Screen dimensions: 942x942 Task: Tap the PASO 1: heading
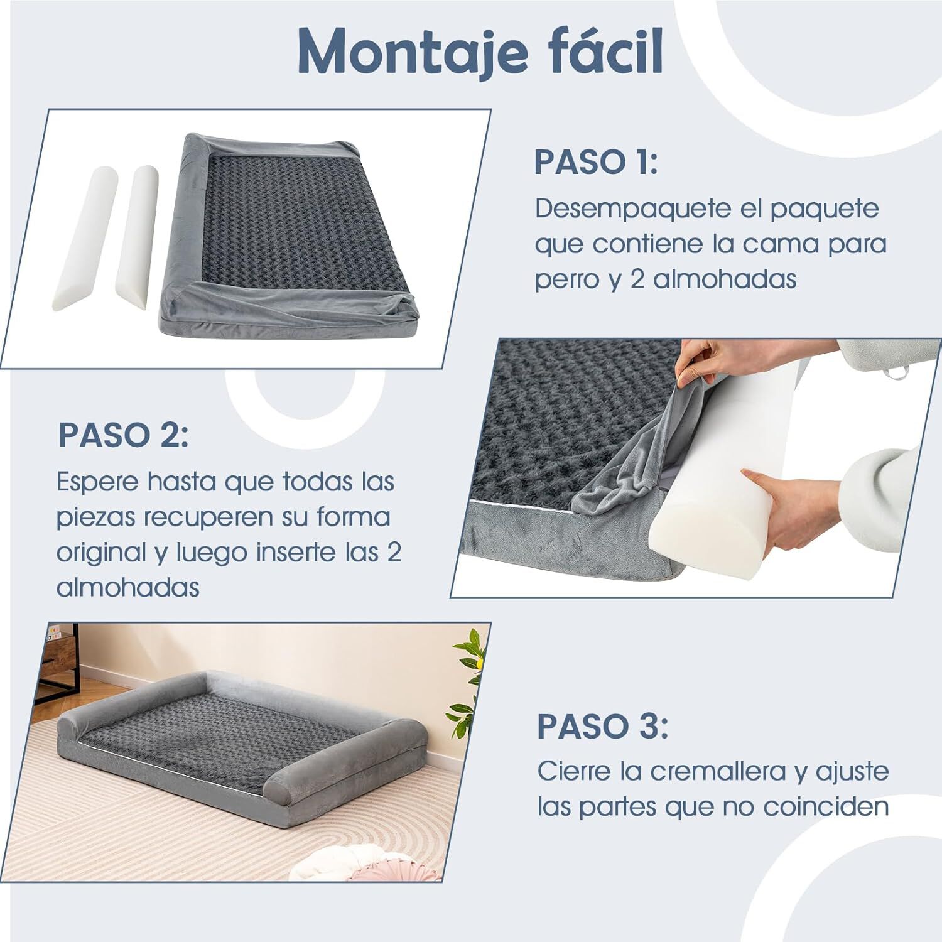tap(595, 162)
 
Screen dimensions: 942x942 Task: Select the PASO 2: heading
tap(123, 435)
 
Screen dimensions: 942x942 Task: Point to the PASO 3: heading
tap(602, 727)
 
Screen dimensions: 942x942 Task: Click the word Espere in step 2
tap(97, 482)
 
